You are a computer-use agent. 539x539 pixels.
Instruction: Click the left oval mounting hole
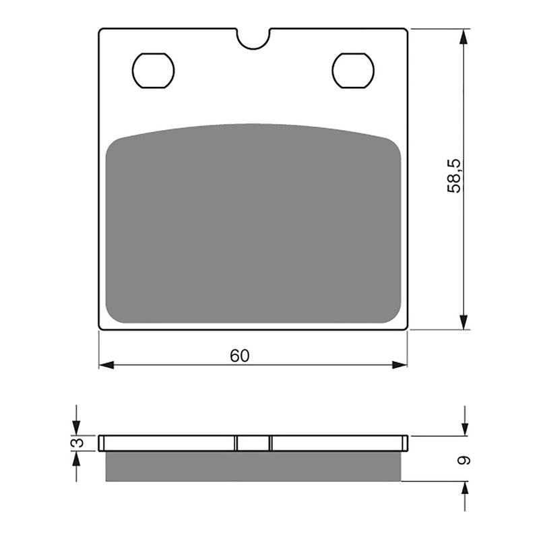[154, 70]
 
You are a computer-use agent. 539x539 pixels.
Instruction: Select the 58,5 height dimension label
[456, 177]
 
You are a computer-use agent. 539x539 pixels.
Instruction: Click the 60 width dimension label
[239, 356]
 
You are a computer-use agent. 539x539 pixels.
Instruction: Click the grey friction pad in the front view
[253, 226]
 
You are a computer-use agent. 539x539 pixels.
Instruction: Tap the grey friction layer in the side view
[253, 466]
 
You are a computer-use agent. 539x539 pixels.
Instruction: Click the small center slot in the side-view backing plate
[253, 443]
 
